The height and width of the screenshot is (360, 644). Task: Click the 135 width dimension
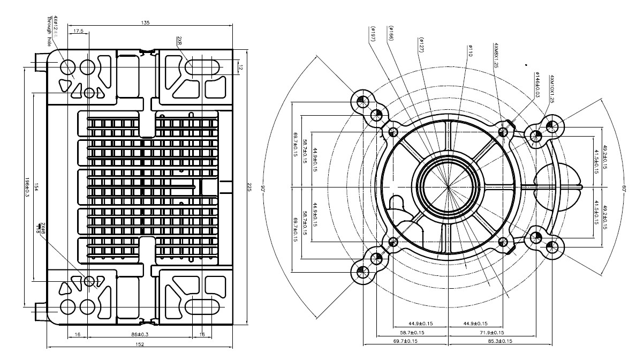click(x=145, y=22)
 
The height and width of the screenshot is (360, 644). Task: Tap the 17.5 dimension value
click(x=79, y=32)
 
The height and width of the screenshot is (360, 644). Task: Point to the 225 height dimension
click(x=249, y=187)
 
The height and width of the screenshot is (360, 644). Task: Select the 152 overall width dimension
click(x=140, y=344)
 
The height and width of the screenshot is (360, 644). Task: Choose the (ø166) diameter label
click(x=391, y=33)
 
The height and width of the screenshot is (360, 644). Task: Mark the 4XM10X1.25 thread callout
click(x=552, y=89)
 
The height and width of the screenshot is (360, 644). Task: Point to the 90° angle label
click(x=263, y=188)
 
